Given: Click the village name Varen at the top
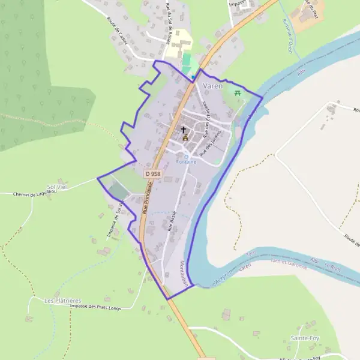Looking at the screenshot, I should coord(213,86).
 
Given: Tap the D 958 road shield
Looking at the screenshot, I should coord(153,173).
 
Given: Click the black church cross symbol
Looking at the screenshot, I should coord(184,129).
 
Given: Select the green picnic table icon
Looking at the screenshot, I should coord(239,92).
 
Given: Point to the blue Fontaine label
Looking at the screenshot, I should coord(185,161).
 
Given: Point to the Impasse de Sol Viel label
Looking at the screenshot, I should coord(115,220).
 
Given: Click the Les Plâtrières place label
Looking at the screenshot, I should coord(62,299).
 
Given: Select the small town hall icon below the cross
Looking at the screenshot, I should coord(185,137).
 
